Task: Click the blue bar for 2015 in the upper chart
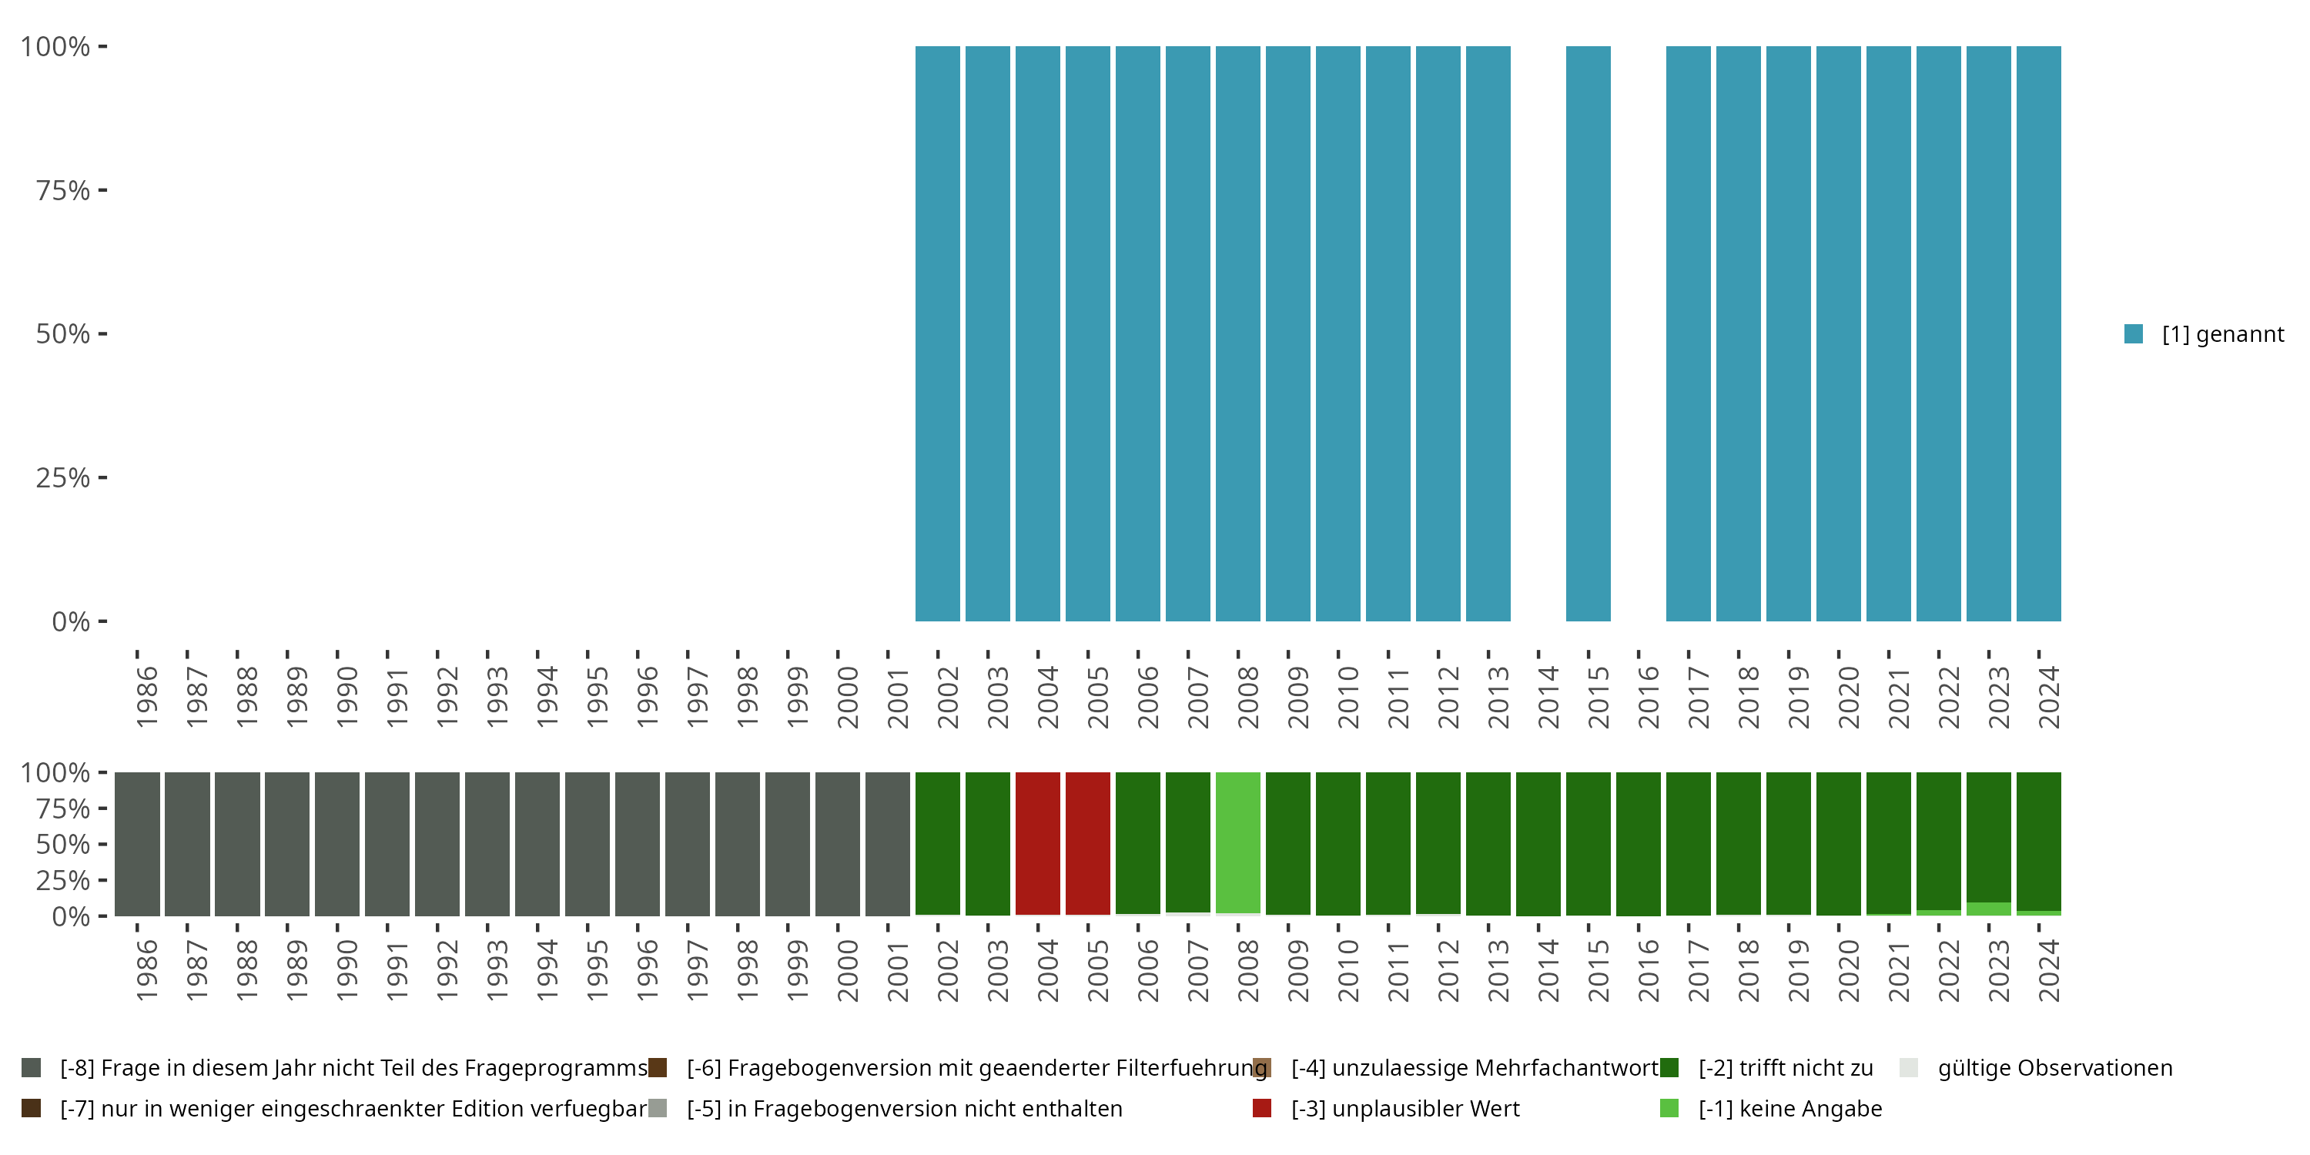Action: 1588,333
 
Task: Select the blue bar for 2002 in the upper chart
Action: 937,333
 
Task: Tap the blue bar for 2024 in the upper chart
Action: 2038,333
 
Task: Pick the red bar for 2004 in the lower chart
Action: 1037,843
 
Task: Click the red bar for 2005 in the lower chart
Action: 1088,843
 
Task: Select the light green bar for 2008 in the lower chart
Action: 1237,843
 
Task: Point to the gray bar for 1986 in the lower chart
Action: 137,843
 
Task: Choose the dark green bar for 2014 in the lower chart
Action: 1538,843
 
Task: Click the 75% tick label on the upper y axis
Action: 63,190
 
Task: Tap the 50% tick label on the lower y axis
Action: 63,844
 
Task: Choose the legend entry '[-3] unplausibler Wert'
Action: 1404,1108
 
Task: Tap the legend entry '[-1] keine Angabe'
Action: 1789,1108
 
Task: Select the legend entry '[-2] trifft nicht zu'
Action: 1785,1068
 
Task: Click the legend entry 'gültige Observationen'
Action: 2054,1068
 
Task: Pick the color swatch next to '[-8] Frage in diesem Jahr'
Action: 32,1068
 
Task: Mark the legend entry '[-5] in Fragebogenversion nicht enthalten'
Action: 904,1108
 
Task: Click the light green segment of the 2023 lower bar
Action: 1988,909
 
